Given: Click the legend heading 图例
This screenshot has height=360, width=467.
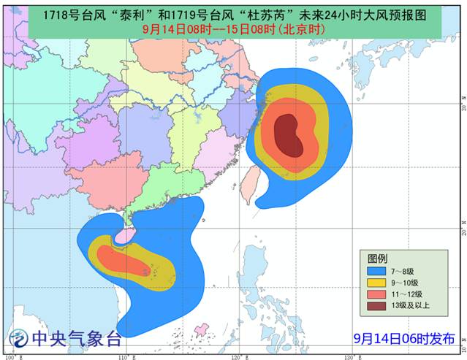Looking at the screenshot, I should (x=377, y=258).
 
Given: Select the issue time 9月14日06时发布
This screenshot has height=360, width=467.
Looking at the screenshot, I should (x=403, y=339).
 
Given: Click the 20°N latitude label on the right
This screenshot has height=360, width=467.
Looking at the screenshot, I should (x=463, y=229).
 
